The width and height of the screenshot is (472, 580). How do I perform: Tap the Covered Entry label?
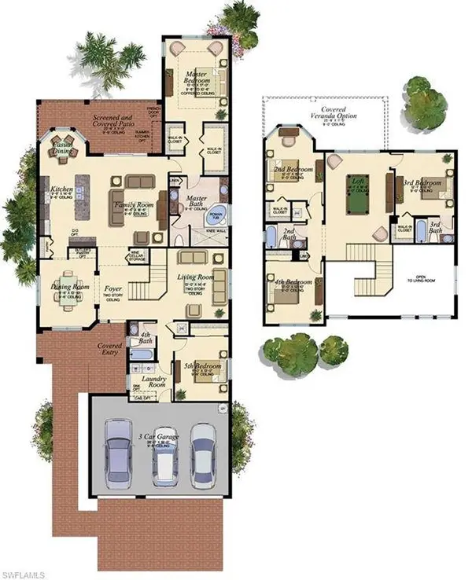[x=109, y=348]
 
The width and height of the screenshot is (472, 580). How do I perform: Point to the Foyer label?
[x=113, y=288]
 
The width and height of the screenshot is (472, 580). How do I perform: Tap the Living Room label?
[x=195, y=277]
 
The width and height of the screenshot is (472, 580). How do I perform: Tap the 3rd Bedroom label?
[x=422, y=183]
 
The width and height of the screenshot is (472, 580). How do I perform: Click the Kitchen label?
[x=62, y=189]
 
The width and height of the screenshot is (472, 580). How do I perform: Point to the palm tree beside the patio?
[x=110, y=59]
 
